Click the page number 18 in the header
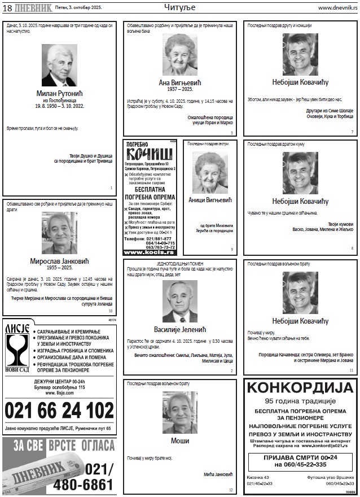(8, 7)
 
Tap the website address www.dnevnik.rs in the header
(337, 8)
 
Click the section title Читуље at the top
(179, 7)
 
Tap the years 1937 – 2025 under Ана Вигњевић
(180, 89)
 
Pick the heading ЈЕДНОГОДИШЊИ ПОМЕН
(179, 264)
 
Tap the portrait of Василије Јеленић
(179, 301)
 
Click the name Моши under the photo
(179, 441)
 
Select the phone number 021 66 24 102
(59, 410)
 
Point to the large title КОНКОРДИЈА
(300, 388)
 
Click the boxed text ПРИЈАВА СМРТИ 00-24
(300, 460)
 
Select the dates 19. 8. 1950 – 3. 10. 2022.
(59, 106)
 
